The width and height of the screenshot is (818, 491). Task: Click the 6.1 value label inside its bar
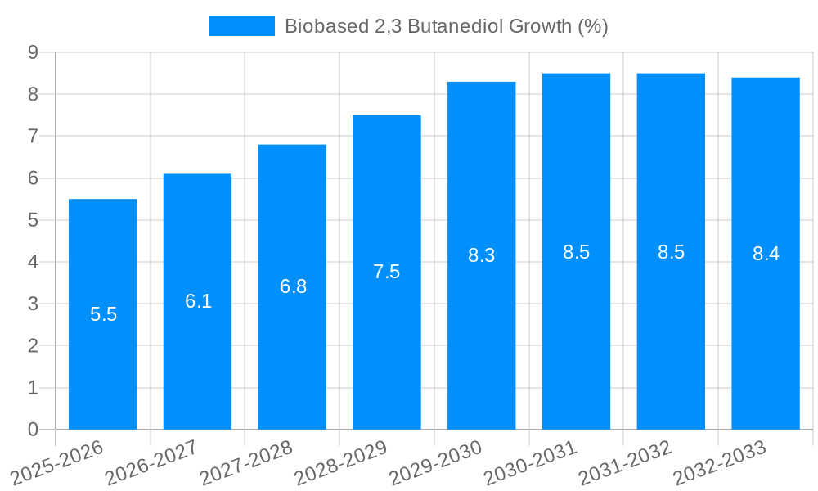198,301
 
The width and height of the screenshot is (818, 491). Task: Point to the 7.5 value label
387,272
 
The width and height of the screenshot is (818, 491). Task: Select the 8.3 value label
481,255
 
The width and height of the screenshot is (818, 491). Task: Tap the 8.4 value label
766,254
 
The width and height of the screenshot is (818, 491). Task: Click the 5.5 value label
103,314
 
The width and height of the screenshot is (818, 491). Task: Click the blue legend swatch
241,26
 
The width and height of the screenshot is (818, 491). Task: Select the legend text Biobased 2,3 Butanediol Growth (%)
446,26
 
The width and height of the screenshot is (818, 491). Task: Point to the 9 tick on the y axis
33,52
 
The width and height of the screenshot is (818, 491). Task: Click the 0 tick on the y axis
33,430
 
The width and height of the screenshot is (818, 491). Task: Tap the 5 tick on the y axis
33,220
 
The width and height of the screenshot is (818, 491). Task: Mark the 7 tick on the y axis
33,136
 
